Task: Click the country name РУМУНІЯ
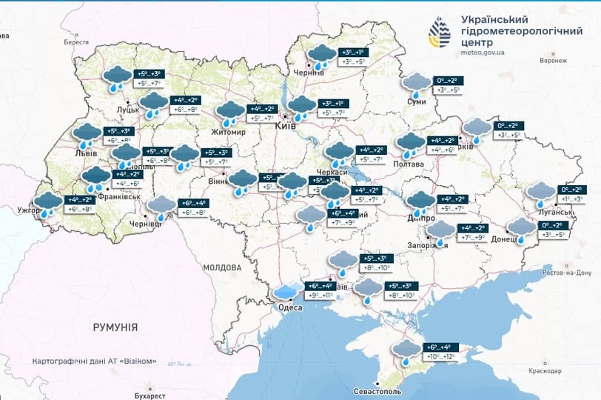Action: [115, 327]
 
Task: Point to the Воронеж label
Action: [552, 61]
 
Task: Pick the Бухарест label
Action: [151, 386]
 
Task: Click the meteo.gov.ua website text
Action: [483, 53]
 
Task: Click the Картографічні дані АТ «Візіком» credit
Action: [94, 361]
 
